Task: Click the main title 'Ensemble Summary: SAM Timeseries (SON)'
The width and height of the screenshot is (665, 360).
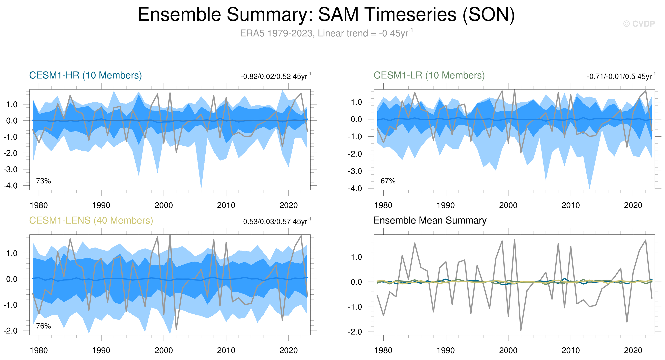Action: click(x=326, y=15)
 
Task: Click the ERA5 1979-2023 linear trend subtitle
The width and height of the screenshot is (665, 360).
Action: click(x=326, y=33)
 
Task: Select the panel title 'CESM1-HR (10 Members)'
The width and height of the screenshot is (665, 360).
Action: click(x=86, y=75)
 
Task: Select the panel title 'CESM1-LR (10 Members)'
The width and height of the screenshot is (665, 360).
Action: click(x=429, y=75)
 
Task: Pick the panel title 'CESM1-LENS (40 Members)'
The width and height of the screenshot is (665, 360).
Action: click(x=91, y=220)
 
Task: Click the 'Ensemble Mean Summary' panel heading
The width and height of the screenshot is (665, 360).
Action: click(x=430, y=220)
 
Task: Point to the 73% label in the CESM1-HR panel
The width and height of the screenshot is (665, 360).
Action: click(x=43, y=181)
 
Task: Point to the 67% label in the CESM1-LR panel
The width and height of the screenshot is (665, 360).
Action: click(x=388, y=181)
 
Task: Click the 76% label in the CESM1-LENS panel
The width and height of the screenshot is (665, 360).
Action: click(x=43, y=326)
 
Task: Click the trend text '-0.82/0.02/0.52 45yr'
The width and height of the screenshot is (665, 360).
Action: click(x=275, y=77)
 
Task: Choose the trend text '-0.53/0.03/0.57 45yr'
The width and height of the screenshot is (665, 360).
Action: click(x=275, y=222)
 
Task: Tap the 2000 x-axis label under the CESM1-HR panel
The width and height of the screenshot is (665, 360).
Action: click(x=164, y=206)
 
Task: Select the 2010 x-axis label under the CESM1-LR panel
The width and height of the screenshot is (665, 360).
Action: click(x=570, y=206)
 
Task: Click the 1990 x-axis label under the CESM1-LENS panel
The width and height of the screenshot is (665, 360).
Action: click(x=101, y=351)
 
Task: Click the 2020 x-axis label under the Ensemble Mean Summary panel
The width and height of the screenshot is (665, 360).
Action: click(x=633, y=351)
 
